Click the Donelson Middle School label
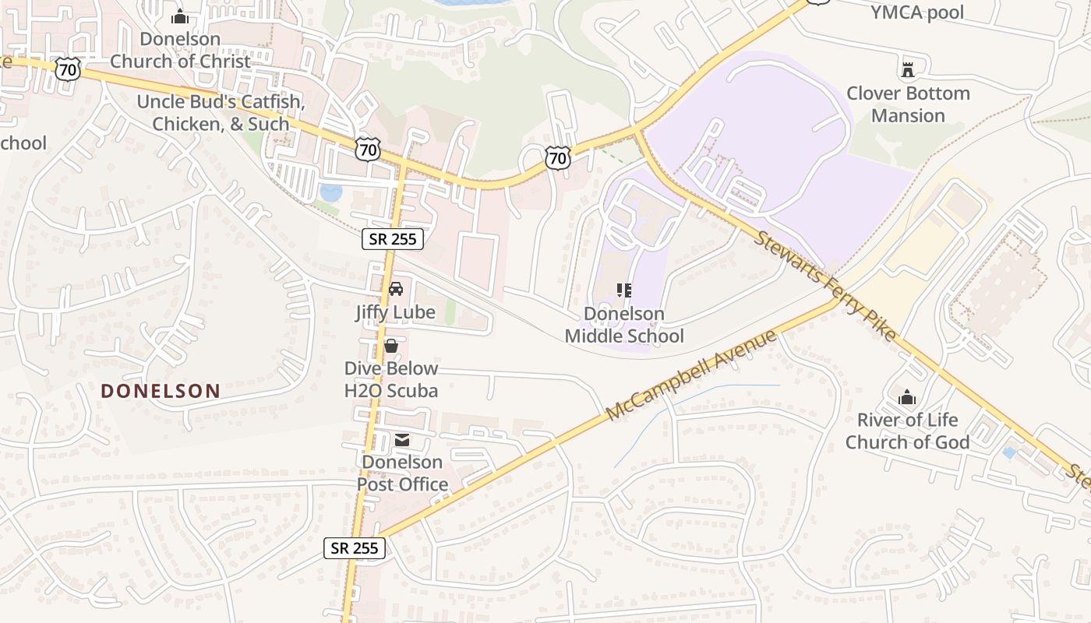(x=624, y=325)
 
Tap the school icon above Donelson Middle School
(x=623, y=290)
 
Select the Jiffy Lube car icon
(x=395, y=288)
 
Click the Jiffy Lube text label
(x=395, y=312)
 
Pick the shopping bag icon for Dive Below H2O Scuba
(x=391, y=345)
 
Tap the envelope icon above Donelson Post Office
(x=402, y=440)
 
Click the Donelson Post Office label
(x=402, y=473)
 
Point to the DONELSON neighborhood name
(x=161, y=391)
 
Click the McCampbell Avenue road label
(x=691, y=375)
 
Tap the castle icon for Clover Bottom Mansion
(x=907, y=70)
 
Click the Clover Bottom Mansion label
(x=908, y=104)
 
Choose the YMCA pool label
(x=917, y=12)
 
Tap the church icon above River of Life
(x=907, y=397)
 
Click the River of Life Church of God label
(x=907, y=431)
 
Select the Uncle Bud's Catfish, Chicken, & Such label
(x=221, y=113)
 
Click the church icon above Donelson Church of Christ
(x=180, y=16)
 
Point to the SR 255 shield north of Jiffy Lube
(x=393, y=239)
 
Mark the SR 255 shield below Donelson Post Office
(x=355, y=548)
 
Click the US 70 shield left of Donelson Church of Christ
(x=68, y=69)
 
